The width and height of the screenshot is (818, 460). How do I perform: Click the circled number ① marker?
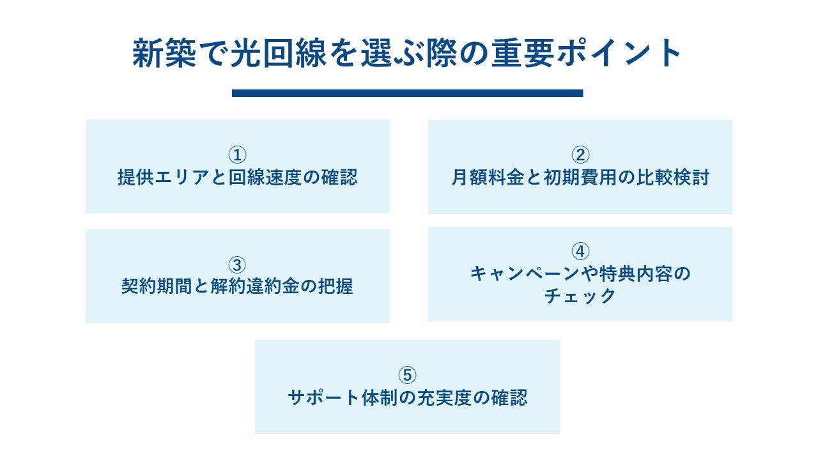[237, 155]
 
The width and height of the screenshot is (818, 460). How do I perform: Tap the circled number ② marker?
[580, 155]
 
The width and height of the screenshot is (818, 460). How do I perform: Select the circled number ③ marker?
[237, 265]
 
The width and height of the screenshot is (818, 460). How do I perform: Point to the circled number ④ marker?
[580, 252]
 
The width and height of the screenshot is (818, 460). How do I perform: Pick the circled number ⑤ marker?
[407, 375]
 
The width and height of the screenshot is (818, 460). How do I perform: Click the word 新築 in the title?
[164, 53]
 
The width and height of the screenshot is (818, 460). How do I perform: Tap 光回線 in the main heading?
[278, 53]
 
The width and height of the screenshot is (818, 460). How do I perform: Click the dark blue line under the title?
[407, 93]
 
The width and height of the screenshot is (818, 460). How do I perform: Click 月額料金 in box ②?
[488, 178]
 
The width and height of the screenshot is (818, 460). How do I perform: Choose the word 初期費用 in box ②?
[580, 178]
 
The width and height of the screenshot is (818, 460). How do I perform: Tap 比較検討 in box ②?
[673, 178]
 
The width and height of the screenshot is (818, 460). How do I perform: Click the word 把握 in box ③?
[336, 286]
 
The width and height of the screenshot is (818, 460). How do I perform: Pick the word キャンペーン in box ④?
[525, 274]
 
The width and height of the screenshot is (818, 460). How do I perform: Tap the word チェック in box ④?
[580, 296]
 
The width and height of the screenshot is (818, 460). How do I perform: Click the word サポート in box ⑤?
[324, 397]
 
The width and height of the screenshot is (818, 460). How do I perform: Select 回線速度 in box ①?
[265, 178]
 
